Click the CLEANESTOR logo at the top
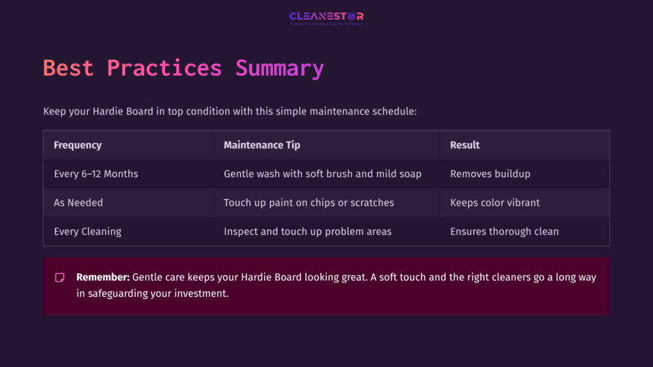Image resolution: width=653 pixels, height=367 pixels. click(x=326, y=17)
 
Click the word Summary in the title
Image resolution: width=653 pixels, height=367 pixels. click(x=279, y=68)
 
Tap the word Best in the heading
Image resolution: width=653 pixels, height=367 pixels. click(x=68, y=68)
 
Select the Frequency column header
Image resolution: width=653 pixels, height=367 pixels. click(x=78, y=145)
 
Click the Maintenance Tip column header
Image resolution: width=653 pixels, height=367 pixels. click(x=261, y=145)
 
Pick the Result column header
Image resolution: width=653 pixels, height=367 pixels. click(x=465, y=145)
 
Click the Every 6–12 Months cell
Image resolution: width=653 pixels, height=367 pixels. click(x=96, y=174)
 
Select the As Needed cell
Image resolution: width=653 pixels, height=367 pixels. click(x=78, y=203)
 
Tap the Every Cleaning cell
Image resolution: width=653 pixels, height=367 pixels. click(x=87, y=231)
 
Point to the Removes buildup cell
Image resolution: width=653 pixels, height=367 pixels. click(x=490, y=174)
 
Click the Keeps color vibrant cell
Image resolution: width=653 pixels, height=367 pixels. click(x=495, y=203)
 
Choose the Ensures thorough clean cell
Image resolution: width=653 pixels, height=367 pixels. click(x=504, y=231)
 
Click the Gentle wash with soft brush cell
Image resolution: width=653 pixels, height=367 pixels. click(x=322, y=174)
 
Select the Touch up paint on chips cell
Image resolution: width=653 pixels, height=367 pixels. click(x=309, y=203)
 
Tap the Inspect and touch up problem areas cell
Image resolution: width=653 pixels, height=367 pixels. click(x=307, y=231)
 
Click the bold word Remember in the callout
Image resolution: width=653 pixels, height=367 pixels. click(x=103, y=278)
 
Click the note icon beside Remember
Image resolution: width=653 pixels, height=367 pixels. click(x=60, y=278)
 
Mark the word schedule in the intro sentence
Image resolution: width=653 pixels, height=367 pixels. click(x=393, y=112)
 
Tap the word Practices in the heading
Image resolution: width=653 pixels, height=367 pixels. click(x=164, y=68)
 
